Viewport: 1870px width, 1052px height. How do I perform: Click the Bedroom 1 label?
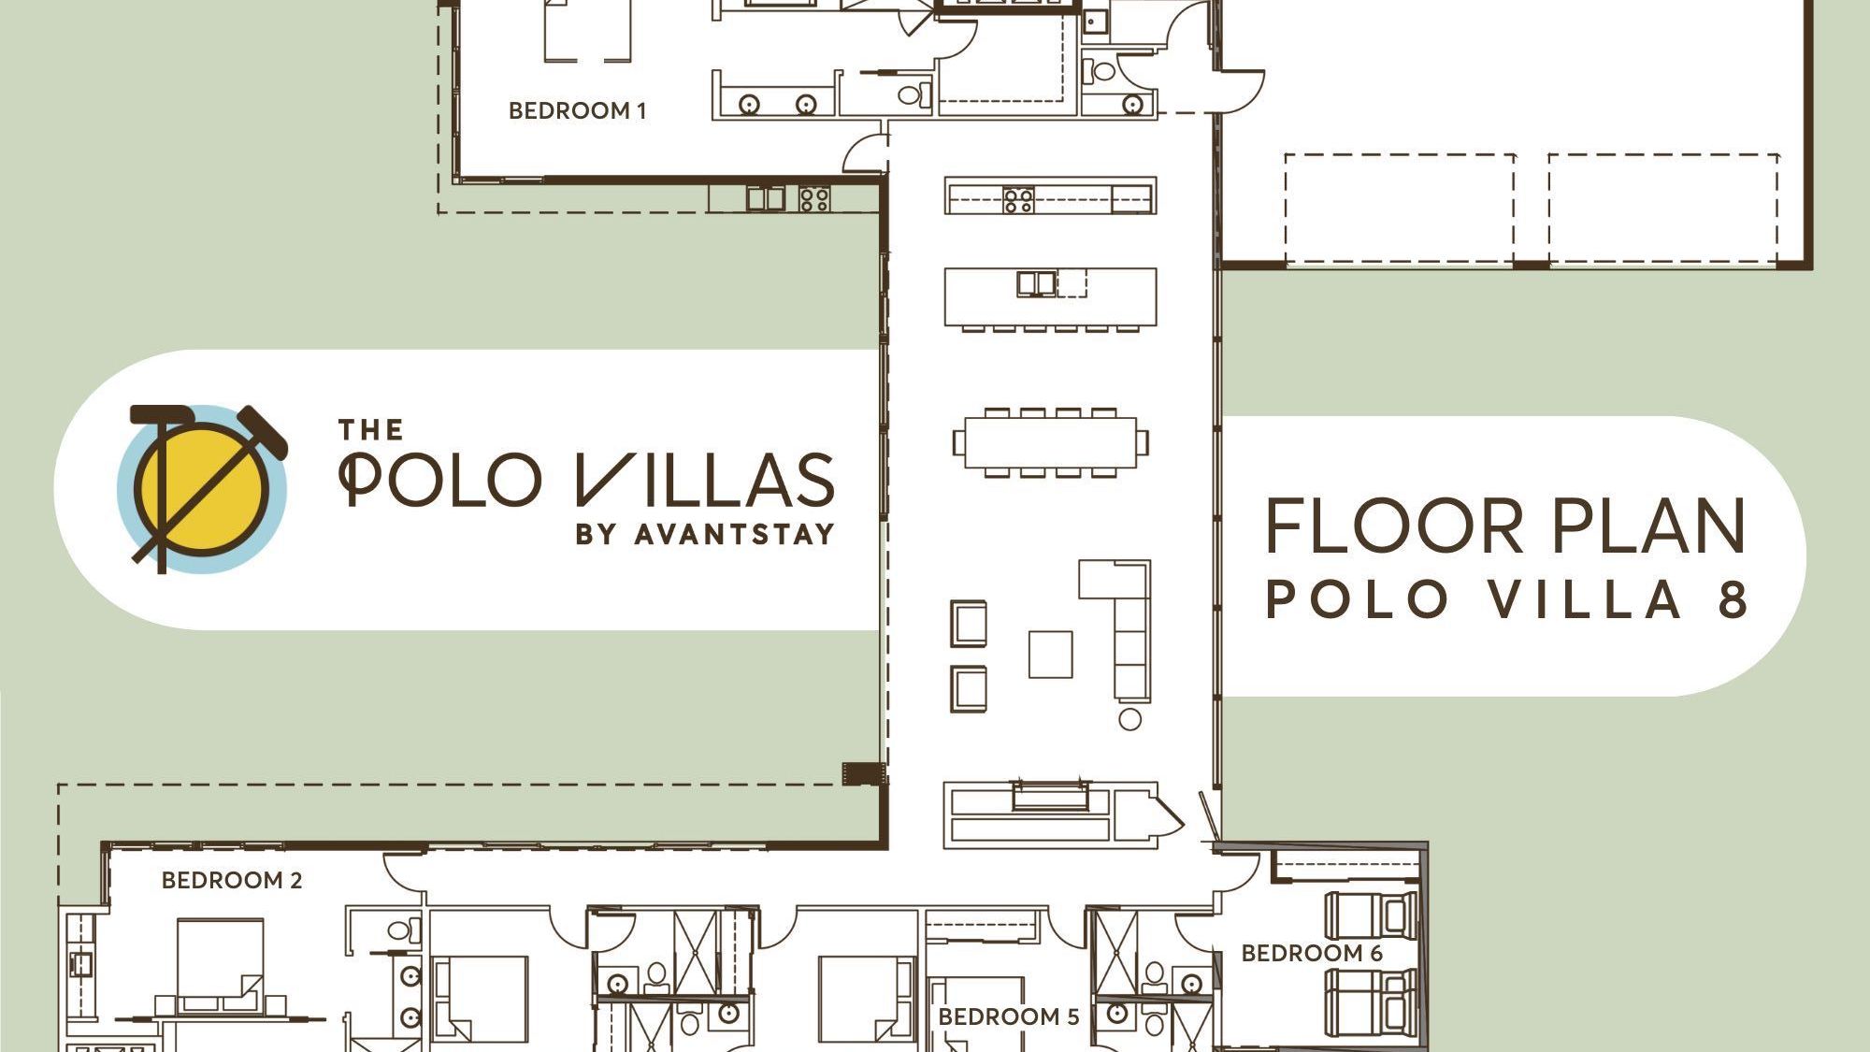pyautogui.click(x=577, y=110)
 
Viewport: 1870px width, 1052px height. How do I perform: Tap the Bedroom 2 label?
pyautogui.click(x=232, y=880)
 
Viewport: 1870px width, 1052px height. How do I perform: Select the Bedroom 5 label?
pyautogui.click(x=1008, y=1016)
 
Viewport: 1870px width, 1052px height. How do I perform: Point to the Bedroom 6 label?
pyautogui.click(x=1311, y=953)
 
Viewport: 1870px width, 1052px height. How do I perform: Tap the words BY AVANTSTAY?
pyautogui.click(x=705, y=534)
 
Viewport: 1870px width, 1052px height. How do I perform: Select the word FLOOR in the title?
pyautogui.click(x=1394, y=526)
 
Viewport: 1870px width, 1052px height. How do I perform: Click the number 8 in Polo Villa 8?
pyautogui.click(x=1732, y=598)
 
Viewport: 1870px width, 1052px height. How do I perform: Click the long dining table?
pyautogui.click(x=1050, y=442)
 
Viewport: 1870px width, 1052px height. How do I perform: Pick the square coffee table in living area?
pyautogui.click(x=1050, y=654)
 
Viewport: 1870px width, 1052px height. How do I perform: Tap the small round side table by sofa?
pyautogui.click(x=1129, y=719)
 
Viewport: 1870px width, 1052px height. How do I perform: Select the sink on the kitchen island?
pyautogui.click(x=1036, y=283)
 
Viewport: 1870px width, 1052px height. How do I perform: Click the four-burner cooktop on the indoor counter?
pyautogui.click(x=1018, y=199)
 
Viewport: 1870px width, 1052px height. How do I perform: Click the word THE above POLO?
pyautogui.click(x=370, y=430)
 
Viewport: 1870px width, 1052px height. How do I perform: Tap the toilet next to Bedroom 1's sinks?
pyautogui.click(x=913, y=94)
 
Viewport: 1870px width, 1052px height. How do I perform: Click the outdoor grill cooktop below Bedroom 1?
pyautogui.click(x=813, y=198)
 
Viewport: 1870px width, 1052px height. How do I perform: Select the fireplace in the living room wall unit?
pyautogui.click(x=1050, y=796)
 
